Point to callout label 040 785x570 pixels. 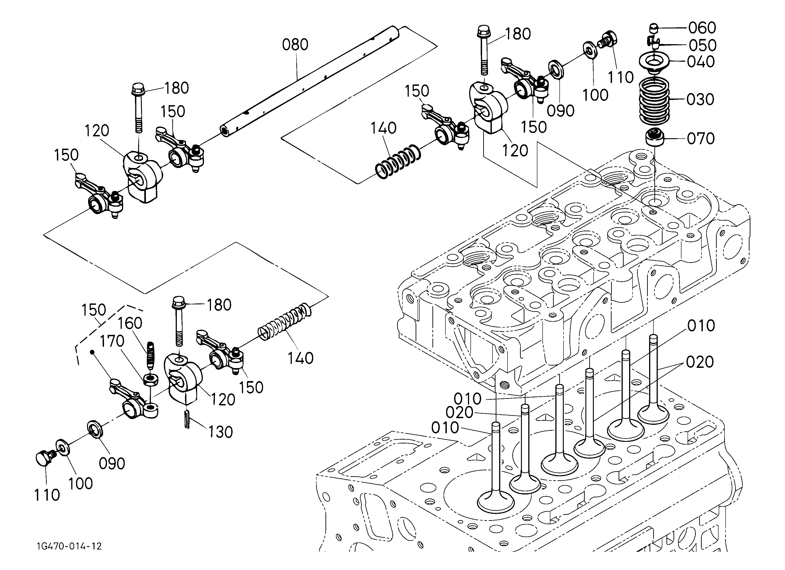point(701,62)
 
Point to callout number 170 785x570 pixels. point(112,341)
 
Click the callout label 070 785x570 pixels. point(701,138)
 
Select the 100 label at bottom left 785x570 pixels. point(80,483)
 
